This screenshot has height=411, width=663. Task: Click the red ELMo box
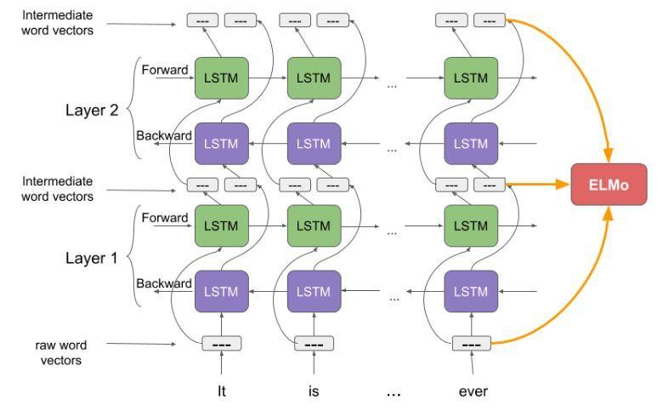point(608,184)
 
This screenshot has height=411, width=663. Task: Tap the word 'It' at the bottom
point(221,391)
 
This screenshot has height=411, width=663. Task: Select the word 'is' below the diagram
point(314,391)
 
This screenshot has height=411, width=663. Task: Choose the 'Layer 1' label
point(94,257)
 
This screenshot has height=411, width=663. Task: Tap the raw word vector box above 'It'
point(221,344)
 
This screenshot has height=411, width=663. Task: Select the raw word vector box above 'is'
point(314,344)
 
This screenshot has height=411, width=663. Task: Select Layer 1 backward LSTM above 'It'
point(221,291)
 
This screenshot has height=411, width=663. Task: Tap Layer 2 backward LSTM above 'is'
point(314,143)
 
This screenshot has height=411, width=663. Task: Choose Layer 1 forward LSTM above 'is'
point(314,227)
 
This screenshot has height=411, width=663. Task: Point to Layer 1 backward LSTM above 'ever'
point(470,291)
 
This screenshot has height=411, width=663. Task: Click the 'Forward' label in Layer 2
point(164,70)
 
